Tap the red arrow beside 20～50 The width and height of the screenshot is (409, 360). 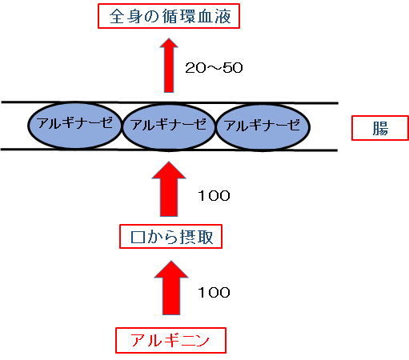pyautogui.click(x=169, y=66)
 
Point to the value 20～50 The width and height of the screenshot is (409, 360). pyautogui.click(x=214, y=68)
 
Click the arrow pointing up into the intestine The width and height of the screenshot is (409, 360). pyautogui.click(x=169, y=189)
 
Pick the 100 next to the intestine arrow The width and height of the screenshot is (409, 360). pyautogui.click(x=214, y=196)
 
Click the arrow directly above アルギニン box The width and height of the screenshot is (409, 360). pyautogui.click(x=171, y=288)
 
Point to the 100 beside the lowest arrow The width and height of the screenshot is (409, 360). pyautogui.click(x=214, y=293)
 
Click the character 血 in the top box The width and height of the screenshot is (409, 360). pyautogui.click(x=205, y=16)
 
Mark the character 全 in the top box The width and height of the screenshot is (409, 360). pyautogui.click(x=117, y=16)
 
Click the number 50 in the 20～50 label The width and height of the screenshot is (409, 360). pyautogui.click(x=233, y=68)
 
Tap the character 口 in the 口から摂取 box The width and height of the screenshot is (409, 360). pyautogui.click(x=138, y=237)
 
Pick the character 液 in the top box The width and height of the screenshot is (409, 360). pyautogui.click(x=223, y=16)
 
